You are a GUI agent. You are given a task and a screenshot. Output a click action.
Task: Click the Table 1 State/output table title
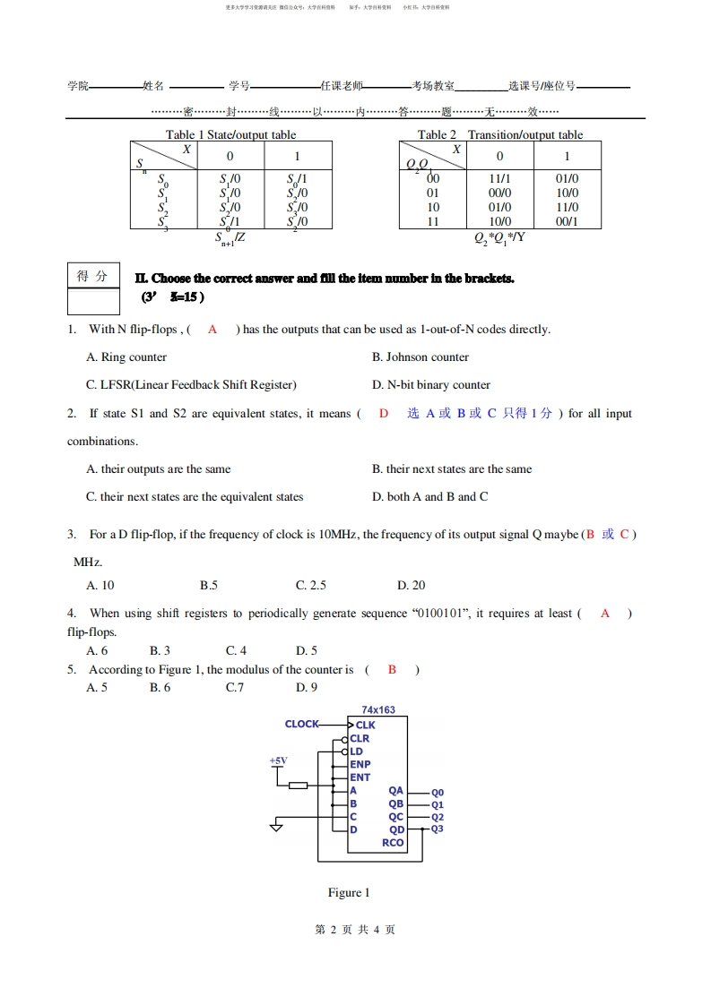tap(230, 134)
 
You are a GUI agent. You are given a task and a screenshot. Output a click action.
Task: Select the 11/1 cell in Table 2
tap(500, 178)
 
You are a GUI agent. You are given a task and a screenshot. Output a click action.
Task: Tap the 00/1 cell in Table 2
tap(567, 221)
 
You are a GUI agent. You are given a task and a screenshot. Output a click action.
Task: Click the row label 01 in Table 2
tap(433, 193)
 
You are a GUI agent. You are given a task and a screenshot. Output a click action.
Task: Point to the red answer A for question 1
tap(212, 329)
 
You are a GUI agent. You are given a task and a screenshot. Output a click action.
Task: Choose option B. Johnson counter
tap(421, 356)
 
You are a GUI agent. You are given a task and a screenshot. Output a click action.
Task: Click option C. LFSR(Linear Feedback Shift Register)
tap(191, 384)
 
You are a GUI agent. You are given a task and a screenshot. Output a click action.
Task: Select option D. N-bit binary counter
tap(431, 384)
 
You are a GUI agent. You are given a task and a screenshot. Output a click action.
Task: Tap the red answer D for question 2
tap(384, 413)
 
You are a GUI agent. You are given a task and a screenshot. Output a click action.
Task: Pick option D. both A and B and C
tap(430, 496)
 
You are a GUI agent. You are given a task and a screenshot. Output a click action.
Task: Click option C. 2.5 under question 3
tap(311, 585)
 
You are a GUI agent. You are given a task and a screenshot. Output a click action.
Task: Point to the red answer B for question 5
tap(392, 669)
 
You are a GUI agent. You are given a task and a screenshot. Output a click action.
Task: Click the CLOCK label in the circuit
tap(301, 724)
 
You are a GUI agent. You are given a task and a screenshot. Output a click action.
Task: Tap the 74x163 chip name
tap(378, 709)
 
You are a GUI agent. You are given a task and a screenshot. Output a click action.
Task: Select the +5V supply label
tap(279, 760)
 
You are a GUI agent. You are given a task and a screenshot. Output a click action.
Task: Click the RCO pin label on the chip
tap(393, 843)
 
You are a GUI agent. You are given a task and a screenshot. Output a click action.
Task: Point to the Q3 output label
tap(438, 829)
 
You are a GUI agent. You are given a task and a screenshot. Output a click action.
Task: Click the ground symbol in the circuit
tap(277, 826)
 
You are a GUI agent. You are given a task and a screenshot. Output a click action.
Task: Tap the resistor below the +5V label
tap(299, 786)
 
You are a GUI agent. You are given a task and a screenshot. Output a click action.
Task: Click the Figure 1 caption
tap(349, 892)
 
